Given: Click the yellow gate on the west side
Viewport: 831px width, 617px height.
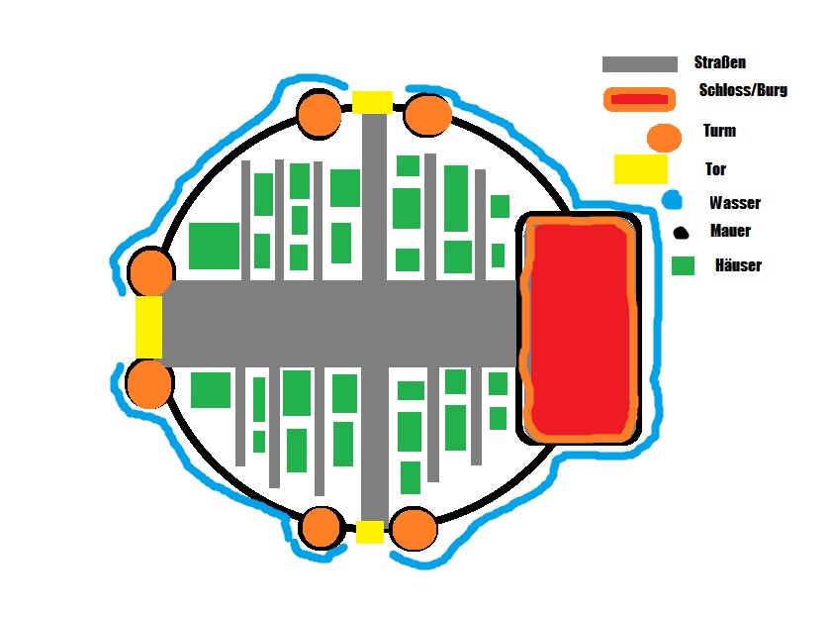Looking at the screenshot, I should point(149,327).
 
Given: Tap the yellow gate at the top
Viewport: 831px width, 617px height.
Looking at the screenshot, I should point(373,102).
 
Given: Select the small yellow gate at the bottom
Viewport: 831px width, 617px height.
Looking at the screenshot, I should point(369,533).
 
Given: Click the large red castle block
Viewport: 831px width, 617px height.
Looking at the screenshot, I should point(578,331).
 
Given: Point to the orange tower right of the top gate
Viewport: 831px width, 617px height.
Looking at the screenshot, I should point(428,115).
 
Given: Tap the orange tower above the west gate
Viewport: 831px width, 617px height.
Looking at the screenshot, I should point(151,271).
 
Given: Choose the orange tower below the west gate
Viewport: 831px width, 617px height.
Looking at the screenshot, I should point(149,383).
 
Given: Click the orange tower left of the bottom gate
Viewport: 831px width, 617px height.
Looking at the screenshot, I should point(322,528).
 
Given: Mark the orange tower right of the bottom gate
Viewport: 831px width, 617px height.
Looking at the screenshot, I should point(414,530).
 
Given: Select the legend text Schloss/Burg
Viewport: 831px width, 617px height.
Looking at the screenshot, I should point(743,90).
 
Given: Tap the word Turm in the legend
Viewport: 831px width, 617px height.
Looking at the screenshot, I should point(719,131).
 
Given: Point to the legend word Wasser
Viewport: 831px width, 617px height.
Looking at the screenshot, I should point(735,203).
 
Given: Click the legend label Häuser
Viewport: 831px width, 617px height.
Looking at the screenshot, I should point(738,265).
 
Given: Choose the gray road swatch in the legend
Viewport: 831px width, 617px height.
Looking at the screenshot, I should point(639,64).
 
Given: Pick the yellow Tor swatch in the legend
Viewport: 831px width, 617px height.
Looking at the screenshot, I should point(640,169).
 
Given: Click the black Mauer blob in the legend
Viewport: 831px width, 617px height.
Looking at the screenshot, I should point(682,234).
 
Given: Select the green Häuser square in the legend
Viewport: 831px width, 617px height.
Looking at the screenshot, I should point(683,265).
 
